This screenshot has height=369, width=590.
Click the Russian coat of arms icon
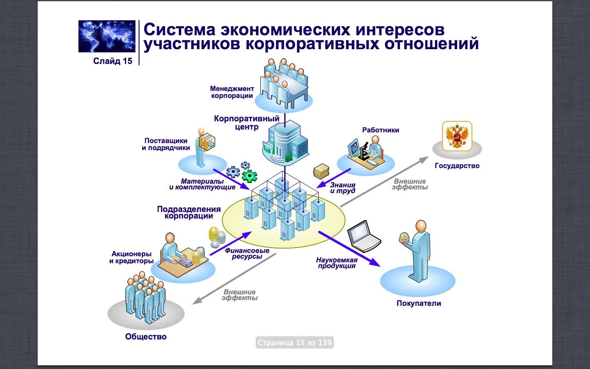(x=457, y=136)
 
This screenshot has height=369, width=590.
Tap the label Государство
(x=457, y=166)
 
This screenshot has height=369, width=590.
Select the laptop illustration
(x=364, y=236)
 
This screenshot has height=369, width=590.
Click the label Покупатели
(x=419, y=303)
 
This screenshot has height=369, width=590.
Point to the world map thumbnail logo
(x=107, y=36)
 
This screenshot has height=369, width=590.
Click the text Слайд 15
(x=113, y=61)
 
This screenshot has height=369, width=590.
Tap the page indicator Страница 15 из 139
(x=295, y=342)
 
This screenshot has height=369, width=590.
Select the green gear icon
(x=249, y=176)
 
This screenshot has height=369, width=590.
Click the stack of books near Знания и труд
(x=321, y=171)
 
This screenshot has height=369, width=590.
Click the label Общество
(x=146, y=337)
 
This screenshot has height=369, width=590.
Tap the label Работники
(x=381, y=130)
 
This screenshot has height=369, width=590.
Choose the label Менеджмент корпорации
(x=232, y=92)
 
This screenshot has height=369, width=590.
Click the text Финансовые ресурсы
(x=247, y=253)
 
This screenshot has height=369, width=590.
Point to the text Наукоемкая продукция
(x=337, y=263)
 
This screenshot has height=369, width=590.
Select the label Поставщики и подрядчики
(x=166, y=144)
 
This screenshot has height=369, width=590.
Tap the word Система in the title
(x=179, y=30)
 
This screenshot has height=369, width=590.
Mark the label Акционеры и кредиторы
(x=132, y=257)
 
